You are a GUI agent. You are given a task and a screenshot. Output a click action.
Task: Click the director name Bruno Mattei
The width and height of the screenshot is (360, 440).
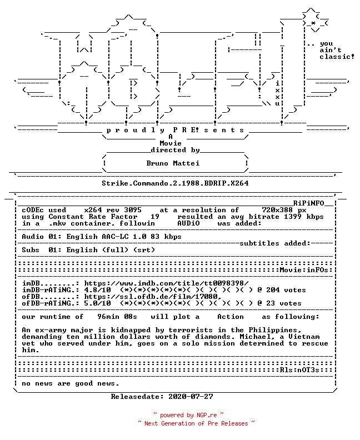(x=173, y=163)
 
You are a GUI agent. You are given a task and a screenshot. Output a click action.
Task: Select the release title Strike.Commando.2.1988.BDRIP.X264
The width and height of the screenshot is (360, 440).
(x=175, y=183)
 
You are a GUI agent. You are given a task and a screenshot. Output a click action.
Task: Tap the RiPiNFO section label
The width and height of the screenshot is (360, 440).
(x=309, y=203)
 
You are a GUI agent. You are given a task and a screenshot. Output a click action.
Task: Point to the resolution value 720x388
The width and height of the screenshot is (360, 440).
(x=277, y=210)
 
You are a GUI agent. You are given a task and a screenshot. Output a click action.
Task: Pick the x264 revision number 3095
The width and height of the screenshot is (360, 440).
(x=133, y=210)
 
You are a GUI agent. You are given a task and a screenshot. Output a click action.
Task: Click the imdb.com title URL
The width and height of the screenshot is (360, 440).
(x=167, y=283)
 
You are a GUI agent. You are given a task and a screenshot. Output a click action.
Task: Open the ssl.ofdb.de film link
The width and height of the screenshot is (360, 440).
(x=153, y=297)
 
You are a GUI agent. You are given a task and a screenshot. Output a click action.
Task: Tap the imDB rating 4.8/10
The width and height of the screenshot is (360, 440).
(x=97, y=290)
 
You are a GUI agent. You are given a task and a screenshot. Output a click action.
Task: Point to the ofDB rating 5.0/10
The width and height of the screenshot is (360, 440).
(x=97, y=303)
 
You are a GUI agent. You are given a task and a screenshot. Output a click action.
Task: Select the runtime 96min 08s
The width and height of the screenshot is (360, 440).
(x=117, y=317)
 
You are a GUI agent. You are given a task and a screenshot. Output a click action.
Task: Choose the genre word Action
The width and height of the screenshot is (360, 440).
(x=231, y=317)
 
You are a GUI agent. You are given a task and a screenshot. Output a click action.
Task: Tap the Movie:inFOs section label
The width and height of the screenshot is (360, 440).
(x=304, y=270)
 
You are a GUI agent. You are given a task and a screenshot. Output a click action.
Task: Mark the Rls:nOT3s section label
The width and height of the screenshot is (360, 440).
(x=299, y=370)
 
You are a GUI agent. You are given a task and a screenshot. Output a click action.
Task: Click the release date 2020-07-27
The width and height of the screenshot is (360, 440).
(x=191, y=397)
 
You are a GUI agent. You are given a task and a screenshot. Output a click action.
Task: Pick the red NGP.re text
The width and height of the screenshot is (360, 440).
(x=207, y=415)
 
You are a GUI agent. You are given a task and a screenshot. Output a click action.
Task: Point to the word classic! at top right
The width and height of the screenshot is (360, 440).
(x=337, y=57)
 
